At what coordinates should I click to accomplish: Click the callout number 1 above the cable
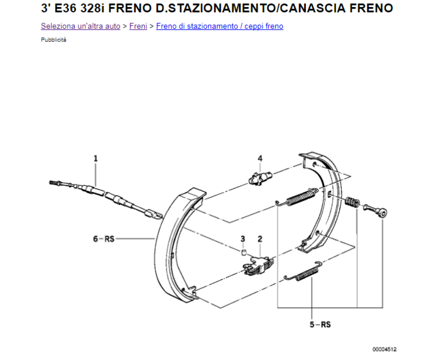(96, 158)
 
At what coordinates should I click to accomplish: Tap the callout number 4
(260, 158)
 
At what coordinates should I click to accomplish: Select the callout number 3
(243, 239)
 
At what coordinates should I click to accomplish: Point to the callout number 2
(260, 239)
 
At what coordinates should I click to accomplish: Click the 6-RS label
(104, 239)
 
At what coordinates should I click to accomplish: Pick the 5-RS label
(320, 325)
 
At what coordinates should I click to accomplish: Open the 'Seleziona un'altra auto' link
(81, 26)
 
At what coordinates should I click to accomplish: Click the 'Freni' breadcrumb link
(138, 26)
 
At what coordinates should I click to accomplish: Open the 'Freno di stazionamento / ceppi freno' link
(220, 26)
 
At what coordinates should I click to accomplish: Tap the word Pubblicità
(54, 39)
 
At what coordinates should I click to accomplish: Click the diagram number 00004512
(384, 349)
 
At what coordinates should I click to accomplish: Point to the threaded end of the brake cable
(54, 182)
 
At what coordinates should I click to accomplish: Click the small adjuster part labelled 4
(260, 179)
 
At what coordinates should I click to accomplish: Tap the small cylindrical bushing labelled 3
(244, 252)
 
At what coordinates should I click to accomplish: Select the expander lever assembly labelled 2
(258, 266)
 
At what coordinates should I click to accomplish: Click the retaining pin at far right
(376, 210)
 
